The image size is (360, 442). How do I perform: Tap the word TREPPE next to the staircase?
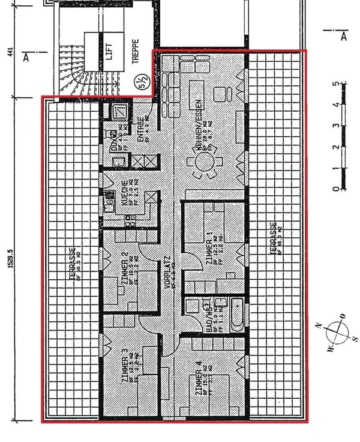(135, 50)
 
